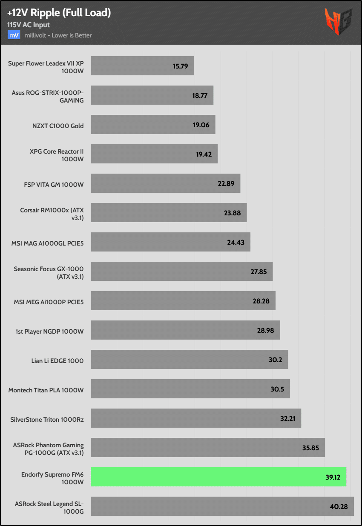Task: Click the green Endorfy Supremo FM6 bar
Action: (218, 477)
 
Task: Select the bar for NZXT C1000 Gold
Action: (153, 125)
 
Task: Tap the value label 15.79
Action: (180, 66)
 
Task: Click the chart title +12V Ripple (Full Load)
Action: (59, 13)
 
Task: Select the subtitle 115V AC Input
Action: (29, 25)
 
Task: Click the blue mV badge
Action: (14, 35)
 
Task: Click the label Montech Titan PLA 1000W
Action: (46, 390)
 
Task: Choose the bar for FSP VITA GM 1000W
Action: (165, 183)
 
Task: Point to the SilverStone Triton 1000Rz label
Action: (47, 420)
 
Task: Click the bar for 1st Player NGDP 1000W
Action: (185, 330)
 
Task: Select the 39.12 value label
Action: (332, 477)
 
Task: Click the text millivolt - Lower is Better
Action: (58, 35)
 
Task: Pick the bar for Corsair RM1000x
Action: (169, 213)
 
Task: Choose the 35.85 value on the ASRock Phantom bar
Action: (311, 448)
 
